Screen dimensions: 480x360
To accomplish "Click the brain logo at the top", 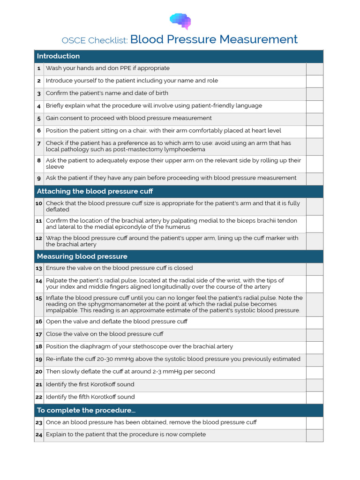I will (x=180, y=21).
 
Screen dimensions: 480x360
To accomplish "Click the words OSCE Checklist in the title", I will (x=95, y=40).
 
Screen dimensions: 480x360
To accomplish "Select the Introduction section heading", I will (x=58, y=56).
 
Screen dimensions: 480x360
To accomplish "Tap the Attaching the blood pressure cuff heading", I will (x=95, y=191).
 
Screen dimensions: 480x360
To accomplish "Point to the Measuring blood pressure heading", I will (x=82, y=256).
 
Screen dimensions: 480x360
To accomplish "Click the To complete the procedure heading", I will (x=86, y=410).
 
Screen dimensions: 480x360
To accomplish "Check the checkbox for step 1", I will (x=315, y=69).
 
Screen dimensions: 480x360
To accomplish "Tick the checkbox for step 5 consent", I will (x=315, y=119).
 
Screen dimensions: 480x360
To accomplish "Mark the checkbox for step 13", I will (x=315, y=269).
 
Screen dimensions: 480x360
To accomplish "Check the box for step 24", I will (x=315, y=435).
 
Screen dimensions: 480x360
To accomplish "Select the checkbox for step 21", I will (x=315, y=385).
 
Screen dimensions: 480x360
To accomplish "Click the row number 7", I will (x=39, y=143).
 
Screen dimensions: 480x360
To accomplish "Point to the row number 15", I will (x=39, y=298).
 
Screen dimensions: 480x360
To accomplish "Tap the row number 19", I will (x=39, y=359).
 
